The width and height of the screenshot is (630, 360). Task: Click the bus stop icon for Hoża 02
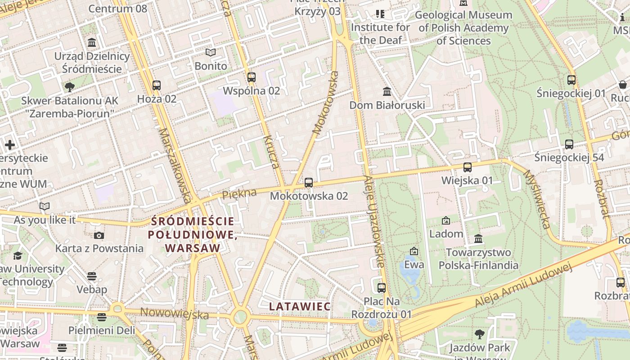[x=157, y=85]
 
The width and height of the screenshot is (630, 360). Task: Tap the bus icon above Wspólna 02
[x=252, y=77]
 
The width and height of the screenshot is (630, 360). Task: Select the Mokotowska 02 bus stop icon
[x=309, y=182]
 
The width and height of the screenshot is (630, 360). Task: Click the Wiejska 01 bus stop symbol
[x=468, y=167]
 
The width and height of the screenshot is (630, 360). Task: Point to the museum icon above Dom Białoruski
[x=387, y=92]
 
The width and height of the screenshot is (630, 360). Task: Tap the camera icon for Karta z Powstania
[x=99, y=235]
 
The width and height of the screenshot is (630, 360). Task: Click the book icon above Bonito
[x=211, y=53]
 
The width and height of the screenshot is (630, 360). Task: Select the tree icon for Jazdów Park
[x=480, y=334]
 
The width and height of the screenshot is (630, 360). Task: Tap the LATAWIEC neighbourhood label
[x=300, y=306]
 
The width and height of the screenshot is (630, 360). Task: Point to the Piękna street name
[x=239, y=194]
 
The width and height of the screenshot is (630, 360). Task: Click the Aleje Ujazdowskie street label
[x=375, y=220]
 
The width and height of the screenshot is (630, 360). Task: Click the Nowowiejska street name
[x=175, y=313]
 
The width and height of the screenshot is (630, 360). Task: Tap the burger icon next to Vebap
[x=92, y=276]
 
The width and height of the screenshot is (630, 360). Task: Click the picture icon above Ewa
[x=414, y=251]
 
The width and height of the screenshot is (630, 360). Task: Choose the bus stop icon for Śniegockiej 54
[x=569, y=144]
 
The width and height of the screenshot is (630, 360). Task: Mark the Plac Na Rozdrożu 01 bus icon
[x=382, y=287]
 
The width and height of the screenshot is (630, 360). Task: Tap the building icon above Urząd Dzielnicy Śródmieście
[x=92, y=43]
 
